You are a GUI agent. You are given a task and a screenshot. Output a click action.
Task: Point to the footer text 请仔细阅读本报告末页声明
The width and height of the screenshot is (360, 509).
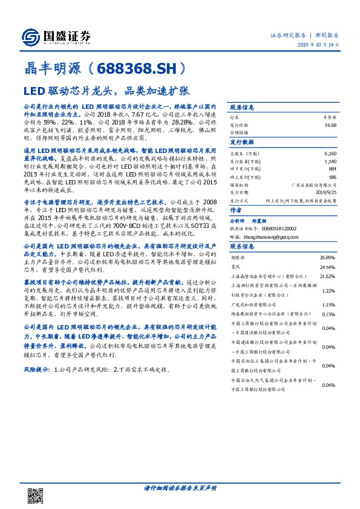(x=180, y=488)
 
